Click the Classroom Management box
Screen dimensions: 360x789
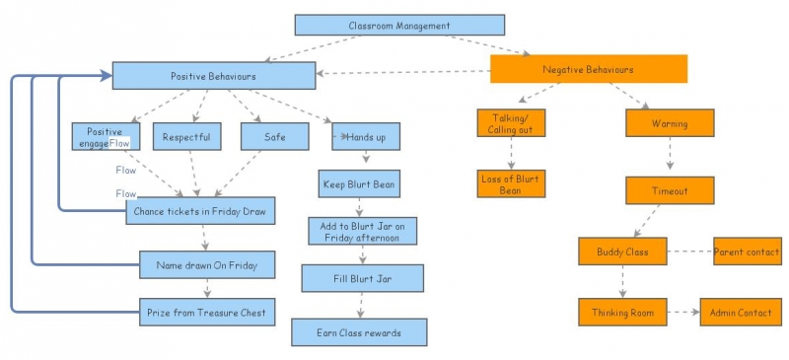coord(399,26)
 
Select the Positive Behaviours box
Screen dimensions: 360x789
coord(213,76)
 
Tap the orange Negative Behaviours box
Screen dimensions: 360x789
coord(588,70)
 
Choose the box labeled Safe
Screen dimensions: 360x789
coord(274,137)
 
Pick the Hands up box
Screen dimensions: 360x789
coord(366,137)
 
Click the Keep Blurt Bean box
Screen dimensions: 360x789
coord(359,183)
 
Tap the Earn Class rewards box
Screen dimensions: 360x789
coord(359,332)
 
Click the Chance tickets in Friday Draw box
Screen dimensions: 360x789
coord(200,211)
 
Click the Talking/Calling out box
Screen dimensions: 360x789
coord(510,124)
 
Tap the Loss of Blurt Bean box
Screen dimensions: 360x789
coord(510,184)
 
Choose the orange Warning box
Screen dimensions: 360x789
coord(670,124)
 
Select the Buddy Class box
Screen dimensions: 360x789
coord(621,251)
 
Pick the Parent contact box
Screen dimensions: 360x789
coord(748,251)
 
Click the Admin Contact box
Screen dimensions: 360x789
coord(740,312)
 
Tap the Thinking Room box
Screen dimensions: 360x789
coord(621,312)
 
